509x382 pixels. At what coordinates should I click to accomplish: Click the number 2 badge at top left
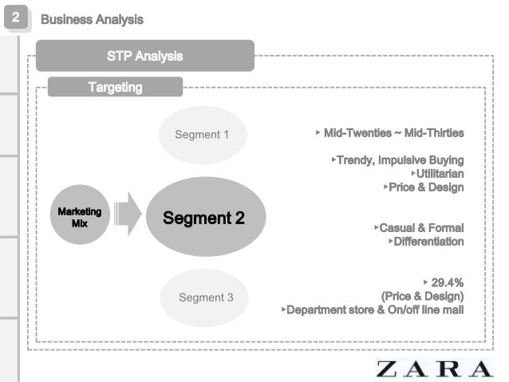(x=16, y=18)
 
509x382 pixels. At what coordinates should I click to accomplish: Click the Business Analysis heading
(x=92, y=18)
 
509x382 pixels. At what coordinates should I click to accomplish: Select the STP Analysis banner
(x=144, y=56)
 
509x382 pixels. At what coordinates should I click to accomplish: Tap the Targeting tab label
(x=115, y=87)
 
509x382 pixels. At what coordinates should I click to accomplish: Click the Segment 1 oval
(x=202, y=134)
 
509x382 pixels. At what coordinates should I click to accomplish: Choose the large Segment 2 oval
(x=203, y=217)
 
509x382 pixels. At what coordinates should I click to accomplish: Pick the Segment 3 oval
(x=206, y=297)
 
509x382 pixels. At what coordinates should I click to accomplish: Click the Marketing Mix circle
(x=80, y=217)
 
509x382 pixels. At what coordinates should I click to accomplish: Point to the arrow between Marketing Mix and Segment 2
(x=127, y=214)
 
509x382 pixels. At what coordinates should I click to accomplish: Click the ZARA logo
(x=435, y=368)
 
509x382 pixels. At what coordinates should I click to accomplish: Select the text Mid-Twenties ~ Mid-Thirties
(x=393, y=132)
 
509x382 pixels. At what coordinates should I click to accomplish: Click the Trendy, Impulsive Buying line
(x=399, y=159)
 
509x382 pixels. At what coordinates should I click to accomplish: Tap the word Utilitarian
(x=439, y=173)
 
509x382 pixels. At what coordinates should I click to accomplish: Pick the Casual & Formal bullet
(x=420, y=227)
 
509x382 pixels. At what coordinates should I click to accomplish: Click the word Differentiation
(x=428, y=241)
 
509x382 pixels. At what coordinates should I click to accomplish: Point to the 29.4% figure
(x=447, y=282)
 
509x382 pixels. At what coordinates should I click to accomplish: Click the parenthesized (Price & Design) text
(x=423, y=296)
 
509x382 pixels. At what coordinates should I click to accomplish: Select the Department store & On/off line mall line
(x=375, y=309)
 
